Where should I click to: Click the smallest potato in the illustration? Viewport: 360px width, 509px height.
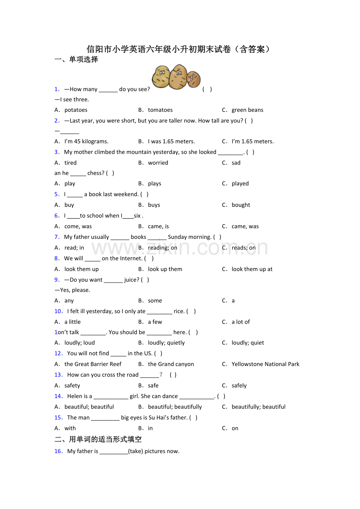tap(193, 79)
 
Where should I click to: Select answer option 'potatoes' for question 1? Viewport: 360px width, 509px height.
tap(76, 110)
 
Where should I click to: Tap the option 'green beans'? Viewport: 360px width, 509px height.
tap(247, 110)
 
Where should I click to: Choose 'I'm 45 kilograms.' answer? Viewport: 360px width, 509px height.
tap(86, 142)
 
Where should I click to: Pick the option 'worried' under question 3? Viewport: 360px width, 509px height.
tap(158, 163)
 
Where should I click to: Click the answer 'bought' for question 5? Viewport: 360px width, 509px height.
tap(241, 205)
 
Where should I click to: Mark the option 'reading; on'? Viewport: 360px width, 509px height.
tap(162, 247)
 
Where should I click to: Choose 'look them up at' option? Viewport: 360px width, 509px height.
tap(252, 269)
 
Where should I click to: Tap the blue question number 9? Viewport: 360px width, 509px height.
tap(57, 280)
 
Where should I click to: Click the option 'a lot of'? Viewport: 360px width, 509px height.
tap(241, 322)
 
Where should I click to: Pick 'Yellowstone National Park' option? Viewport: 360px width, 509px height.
tap(265, 364)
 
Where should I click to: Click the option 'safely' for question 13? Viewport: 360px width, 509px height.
tap(239, 385)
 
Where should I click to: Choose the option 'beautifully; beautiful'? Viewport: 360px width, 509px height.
tap(258, 407)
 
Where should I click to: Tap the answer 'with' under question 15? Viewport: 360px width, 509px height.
tap(70, 428)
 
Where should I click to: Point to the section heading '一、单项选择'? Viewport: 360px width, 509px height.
tap(76, 59)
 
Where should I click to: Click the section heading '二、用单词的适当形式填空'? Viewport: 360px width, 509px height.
tap(98, 439)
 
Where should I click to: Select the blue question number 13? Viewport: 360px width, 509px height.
tap(59, 375)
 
